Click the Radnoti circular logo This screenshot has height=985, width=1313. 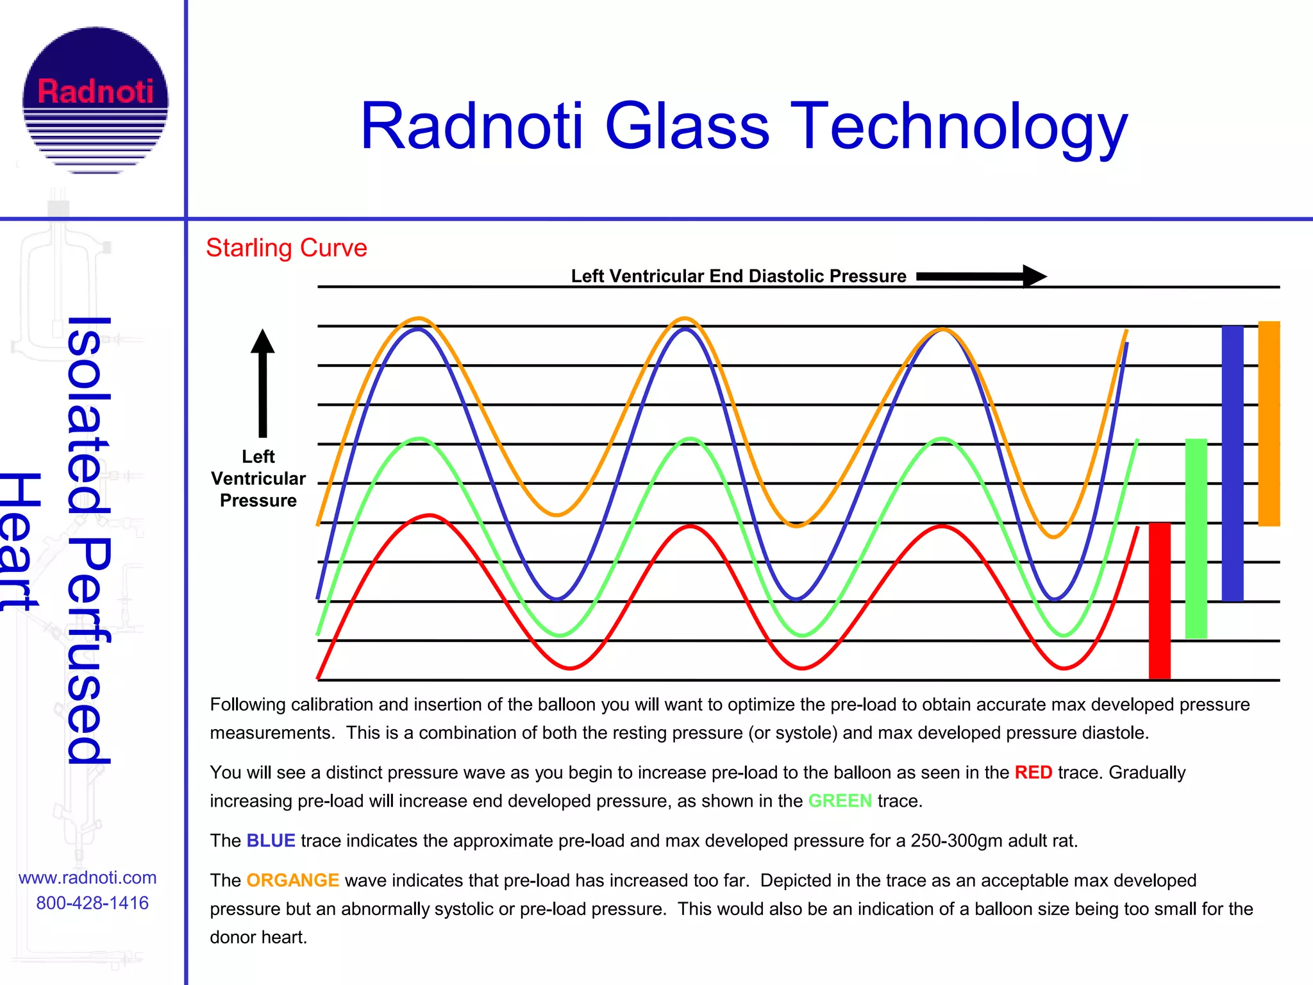[96, 99]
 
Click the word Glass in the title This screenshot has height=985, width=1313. [687, 126]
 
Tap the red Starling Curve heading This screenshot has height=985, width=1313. [286, 248]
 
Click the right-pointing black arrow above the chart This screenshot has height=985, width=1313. [981, 276]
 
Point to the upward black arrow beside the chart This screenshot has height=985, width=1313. [262, 382]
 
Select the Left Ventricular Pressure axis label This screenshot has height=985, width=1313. [258, 478]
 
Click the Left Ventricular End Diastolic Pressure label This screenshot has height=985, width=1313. [738, 276]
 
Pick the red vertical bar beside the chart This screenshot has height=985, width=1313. [1159, 600]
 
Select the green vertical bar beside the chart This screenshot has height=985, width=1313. [1196, 538]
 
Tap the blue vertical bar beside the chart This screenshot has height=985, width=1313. [1232, 463]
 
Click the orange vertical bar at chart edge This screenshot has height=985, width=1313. [1269, 423]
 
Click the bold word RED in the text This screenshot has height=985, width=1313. [1033, 772]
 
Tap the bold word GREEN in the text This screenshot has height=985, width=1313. [839, 801]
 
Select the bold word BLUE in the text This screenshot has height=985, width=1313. [271, 841]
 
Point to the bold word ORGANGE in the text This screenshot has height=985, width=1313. [292, 880]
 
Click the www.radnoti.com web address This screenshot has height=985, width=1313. [87, 877]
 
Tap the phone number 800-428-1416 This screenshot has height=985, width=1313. [92, 903]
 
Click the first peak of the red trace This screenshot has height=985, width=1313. [430, 516]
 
